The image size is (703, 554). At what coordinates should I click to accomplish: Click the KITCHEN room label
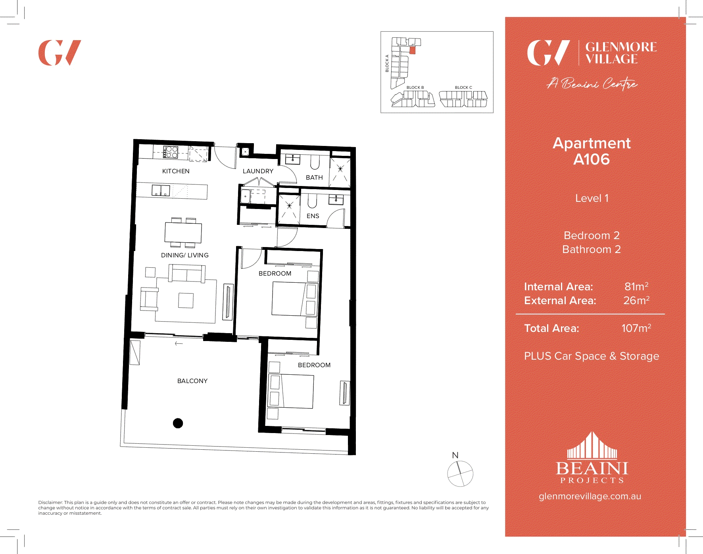coord(176,171)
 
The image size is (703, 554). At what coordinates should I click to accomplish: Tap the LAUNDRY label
coord(258,171)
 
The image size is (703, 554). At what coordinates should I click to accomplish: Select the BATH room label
coord(314,178)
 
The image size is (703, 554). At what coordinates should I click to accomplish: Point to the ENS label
coord(313,216)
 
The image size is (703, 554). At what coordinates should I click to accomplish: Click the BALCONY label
coord(192,381)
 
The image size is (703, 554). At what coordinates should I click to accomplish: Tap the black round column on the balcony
coord(178,424)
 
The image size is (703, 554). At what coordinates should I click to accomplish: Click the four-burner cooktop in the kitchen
coord(171,152)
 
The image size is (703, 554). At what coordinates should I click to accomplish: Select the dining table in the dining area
coord(183,233)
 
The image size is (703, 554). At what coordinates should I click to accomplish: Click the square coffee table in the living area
coord(186,301)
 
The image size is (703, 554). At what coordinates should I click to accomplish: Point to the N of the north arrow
coord(455,456)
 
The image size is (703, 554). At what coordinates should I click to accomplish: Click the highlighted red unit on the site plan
coord(412,50)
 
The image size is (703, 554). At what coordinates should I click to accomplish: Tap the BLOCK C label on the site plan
coord(463,88)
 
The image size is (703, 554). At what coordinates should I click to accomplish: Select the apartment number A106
coord(592,159)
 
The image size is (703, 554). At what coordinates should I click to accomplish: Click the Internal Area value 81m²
coord(636,287)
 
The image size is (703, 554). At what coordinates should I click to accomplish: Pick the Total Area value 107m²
coord(636,328)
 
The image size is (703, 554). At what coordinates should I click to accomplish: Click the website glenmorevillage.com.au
coord(590,496)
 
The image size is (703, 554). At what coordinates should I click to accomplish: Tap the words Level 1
coord(592,198)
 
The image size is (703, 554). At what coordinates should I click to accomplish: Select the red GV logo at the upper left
coord(60,53)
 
